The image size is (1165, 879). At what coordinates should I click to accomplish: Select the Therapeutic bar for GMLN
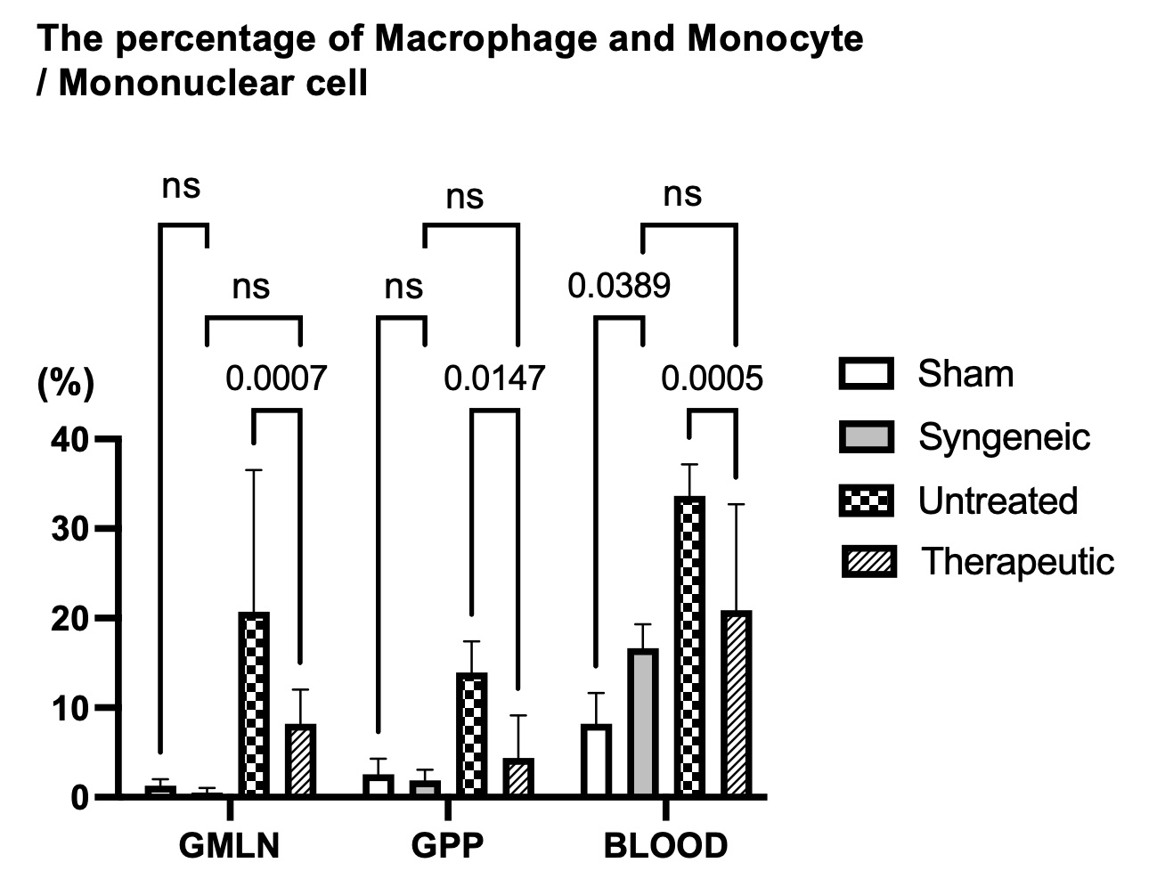(x=300, y=759)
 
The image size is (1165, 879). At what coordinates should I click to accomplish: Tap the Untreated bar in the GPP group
(x=471, y=734)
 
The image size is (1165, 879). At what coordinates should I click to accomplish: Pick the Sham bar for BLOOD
(x=596, y=760)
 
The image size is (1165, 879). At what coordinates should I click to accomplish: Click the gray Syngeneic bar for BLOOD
(x=642, y=722)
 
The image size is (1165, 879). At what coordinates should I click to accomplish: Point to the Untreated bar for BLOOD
(x=689, y=646)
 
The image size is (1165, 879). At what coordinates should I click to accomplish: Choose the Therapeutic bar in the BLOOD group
(x=736, y=704)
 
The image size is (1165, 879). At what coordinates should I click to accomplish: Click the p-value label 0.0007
(x=276, y=378)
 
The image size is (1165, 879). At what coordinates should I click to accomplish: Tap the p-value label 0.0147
(x=494, y=378)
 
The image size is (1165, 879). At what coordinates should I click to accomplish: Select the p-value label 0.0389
(x=619, y=286)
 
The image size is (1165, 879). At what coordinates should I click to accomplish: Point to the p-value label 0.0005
(x=712, y=378)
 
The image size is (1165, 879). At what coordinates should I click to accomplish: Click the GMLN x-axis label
(x=229, y=846)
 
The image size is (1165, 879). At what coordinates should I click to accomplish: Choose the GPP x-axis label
(x=447, y=846)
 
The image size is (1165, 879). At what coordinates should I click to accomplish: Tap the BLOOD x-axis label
(x=665, y=846)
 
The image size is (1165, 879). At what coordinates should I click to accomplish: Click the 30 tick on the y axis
(x=69, y=528)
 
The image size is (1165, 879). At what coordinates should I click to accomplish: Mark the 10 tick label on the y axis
(x=69, y=708)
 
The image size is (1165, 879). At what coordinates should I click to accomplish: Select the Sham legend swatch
(x=866, y=374)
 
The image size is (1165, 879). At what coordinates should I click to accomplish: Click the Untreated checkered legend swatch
(x=866, y=501)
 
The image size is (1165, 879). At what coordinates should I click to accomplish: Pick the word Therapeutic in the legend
(x=1017, y=562)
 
